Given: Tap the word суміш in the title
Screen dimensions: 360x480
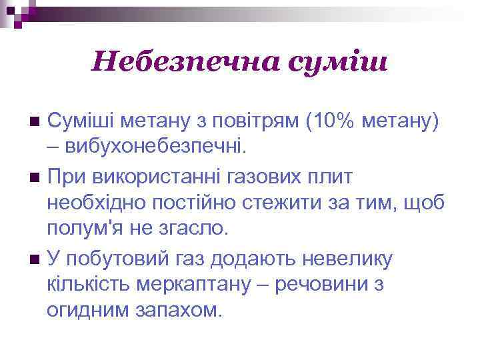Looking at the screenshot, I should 337,63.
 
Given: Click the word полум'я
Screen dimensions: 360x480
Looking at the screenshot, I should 81,229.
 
